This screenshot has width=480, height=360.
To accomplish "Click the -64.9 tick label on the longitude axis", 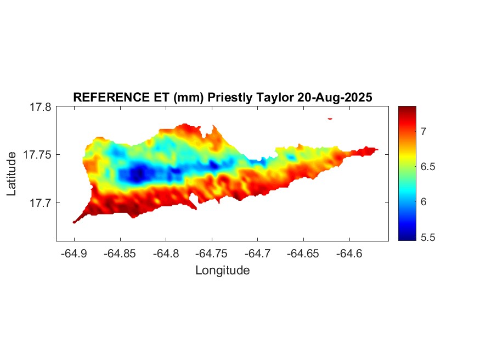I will coord(74,254).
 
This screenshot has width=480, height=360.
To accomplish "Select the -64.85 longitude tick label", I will coord(120,254).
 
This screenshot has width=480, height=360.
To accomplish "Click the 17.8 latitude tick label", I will coord(40,108).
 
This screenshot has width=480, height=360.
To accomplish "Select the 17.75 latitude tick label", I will coord(37,155).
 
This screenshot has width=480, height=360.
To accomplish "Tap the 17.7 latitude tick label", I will coord(40,203).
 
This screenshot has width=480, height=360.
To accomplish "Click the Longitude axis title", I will coord(222,270).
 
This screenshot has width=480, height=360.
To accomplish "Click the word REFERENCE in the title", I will coord(108,97).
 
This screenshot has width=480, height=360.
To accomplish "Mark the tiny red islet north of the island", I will coord(330,118).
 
